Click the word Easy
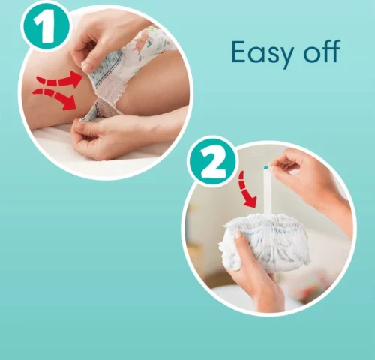(x=258, y=52)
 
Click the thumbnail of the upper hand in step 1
(x=88, y=66)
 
